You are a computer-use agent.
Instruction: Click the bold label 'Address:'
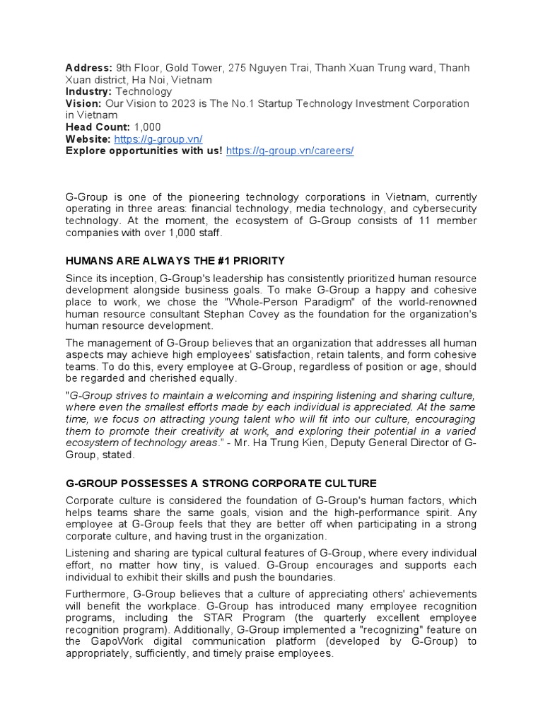88,68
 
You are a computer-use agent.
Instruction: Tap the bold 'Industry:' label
89,91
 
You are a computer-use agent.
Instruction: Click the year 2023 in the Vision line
196,103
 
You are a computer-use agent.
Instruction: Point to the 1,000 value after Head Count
147,127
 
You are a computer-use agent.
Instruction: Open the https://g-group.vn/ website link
158,139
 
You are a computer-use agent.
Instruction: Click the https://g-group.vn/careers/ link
289,151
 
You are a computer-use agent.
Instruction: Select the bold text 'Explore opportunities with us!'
144,151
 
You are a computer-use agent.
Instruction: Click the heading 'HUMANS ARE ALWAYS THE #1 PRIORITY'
175,261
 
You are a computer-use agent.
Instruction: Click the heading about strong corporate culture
221,484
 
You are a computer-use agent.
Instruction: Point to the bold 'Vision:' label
83,103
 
